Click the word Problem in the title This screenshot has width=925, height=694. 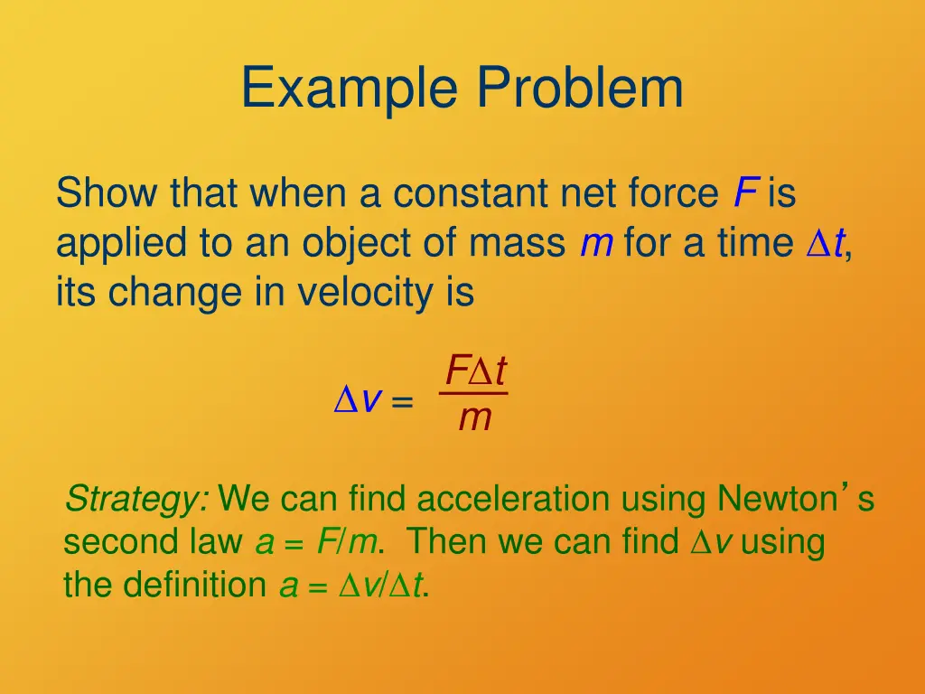(580, 89)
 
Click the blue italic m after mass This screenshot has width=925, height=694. (596, 243)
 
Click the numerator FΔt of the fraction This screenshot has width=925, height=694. (474, 370)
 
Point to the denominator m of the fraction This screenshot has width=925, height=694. (474, 418)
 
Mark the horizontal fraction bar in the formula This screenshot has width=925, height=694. (474, 393)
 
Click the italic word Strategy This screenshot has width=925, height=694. (137, 498)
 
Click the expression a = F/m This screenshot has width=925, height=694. (318, 542)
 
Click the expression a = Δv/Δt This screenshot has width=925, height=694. (352, 586)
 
